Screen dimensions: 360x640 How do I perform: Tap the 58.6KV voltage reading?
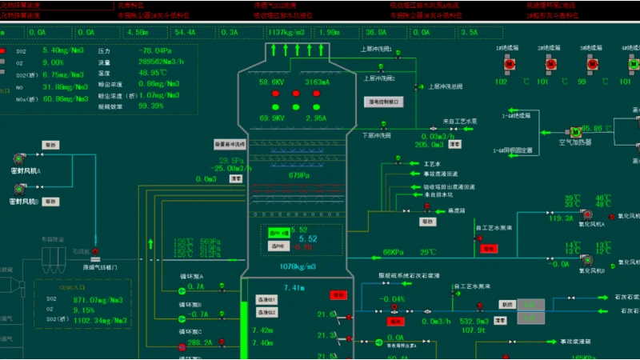click(x=272, y=82)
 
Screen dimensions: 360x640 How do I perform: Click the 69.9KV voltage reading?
click(x=272, y=118)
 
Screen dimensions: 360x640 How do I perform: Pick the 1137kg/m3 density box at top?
click(x=286, y=33)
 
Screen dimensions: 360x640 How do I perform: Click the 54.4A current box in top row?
click(x=185, y=33)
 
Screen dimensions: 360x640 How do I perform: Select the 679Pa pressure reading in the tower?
click(x=298, y=176)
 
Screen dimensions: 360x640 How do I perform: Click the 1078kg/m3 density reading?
click(x=298, y=266)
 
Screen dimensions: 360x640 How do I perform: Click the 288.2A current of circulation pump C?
click(x=200, y=342)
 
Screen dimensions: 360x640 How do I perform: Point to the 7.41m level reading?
click(x=294, y=288)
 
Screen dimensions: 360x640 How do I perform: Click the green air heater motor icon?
click(x=574, y=131)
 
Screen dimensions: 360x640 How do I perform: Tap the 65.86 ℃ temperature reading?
click(x=597, y=128)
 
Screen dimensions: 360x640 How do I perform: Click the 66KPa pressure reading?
click(x=393, y=253)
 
